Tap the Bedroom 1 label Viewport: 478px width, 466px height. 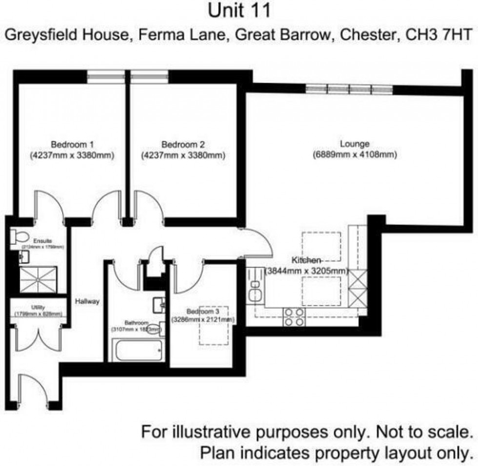click(72, 144)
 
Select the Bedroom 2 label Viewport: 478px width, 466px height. click(183, 144)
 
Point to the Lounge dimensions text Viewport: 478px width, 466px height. click(355, 155)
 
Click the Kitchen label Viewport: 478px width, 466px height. click(306, 260)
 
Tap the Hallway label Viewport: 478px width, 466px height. click(87, 301)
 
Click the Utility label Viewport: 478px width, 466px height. click(38, 307)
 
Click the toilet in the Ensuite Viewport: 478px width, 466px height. click(20, 237)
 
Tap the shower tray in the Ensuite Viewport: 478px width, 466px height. click(38, 281)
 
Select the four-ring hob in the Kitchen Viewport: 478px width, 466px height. click(294, 316)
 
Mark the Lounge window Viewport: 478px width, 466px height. click(348, 89)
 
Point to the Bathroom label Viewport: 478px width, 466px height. click(136, 323)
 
